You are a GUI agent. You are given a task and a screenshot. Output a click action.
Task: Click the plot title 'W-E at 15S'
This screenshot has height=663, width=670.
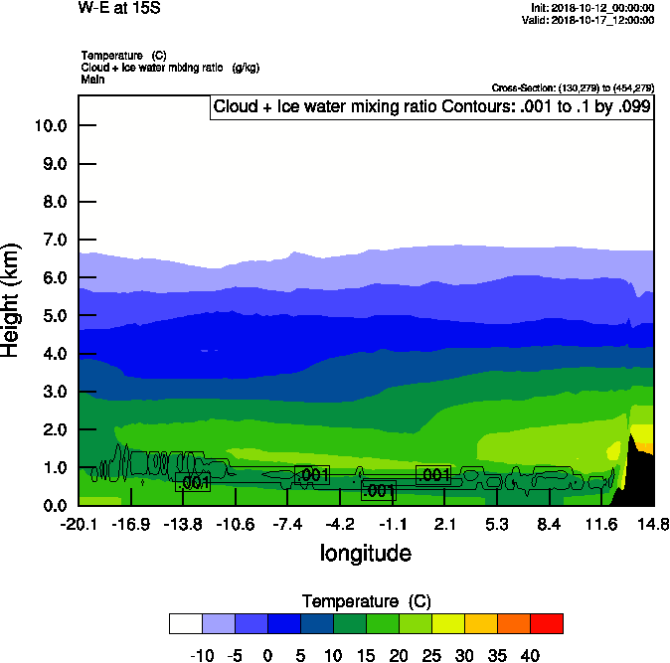[117, 7]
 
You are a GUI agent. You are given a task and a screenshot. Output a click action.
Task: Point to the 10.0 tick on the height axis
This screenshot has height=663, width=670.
[50, 125]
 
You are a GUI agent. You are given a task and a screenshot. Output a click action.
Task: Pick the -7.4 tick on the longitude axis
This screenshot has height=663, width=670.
[287, 524]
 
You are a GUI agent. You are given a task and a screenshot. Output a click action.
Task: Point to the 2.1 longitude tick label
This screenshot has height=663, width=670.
[444, 524]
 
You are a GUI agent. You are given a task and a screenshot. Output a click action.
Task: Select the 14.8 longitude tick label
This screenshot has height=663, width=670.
[653, 524]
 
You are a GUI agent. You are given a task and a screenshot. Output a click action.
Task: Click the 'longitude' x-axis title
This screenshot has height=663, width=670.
[365, 553]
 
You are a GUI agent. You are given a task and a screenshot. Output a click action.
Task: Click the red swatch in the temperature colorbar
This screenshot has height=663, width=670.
[546, 623]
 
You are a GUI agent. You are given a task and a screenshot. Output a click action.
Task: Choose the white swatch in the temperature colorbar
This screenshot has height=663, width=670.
[185, 623]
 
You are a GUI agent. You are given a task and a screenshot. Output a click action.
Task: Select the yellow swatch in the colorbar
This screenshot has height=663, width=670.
[447, 623]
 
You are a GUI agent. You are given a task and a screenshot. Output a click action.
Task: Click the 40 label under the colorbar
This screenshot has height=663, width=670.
[530, 656]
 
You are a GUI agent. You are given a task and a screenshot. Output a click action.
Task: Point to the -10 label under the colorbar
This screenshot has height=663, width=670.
[201, 656]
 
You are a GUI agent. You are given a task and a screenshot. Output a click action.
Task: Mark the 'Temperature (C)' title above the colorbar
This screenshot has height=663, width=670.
[365, 601]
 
